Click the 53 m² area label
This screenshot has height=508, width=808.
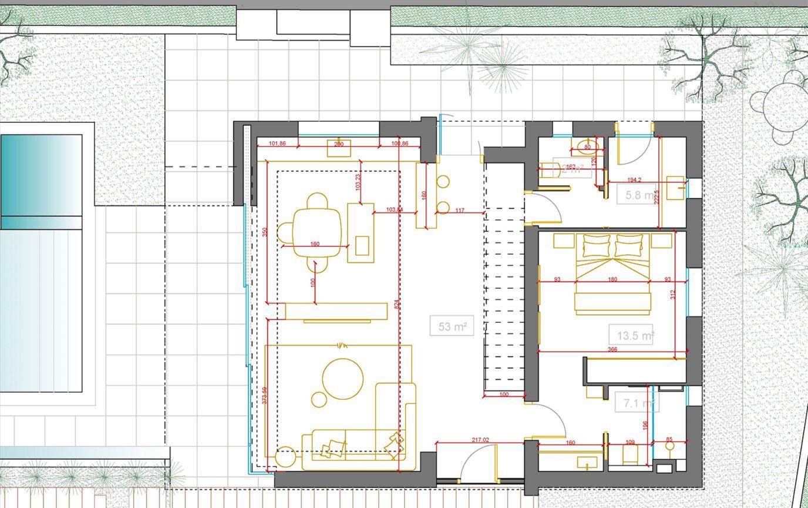click(452, 326)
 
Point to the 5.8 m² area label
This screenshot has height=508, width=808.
click(637, 195)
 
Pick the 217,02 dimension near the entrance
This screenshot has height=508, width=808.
click(480, 439)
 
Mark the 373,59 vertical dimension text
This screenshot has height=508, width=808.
click(264, 395)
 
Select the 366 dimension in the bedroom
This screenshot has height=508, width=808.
click(612, 349)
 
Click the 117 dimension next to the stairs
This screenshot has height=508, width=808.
click(459, 210)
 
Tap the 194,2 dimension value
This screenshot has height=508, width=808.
click(634, 180)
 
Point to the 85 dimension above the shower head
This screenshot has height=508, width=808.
click(669, 439)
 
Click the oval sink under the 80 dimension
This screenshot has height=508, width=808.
click(587, 147)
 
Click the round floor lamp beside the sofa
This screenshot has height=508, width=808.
click(285, 456)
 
